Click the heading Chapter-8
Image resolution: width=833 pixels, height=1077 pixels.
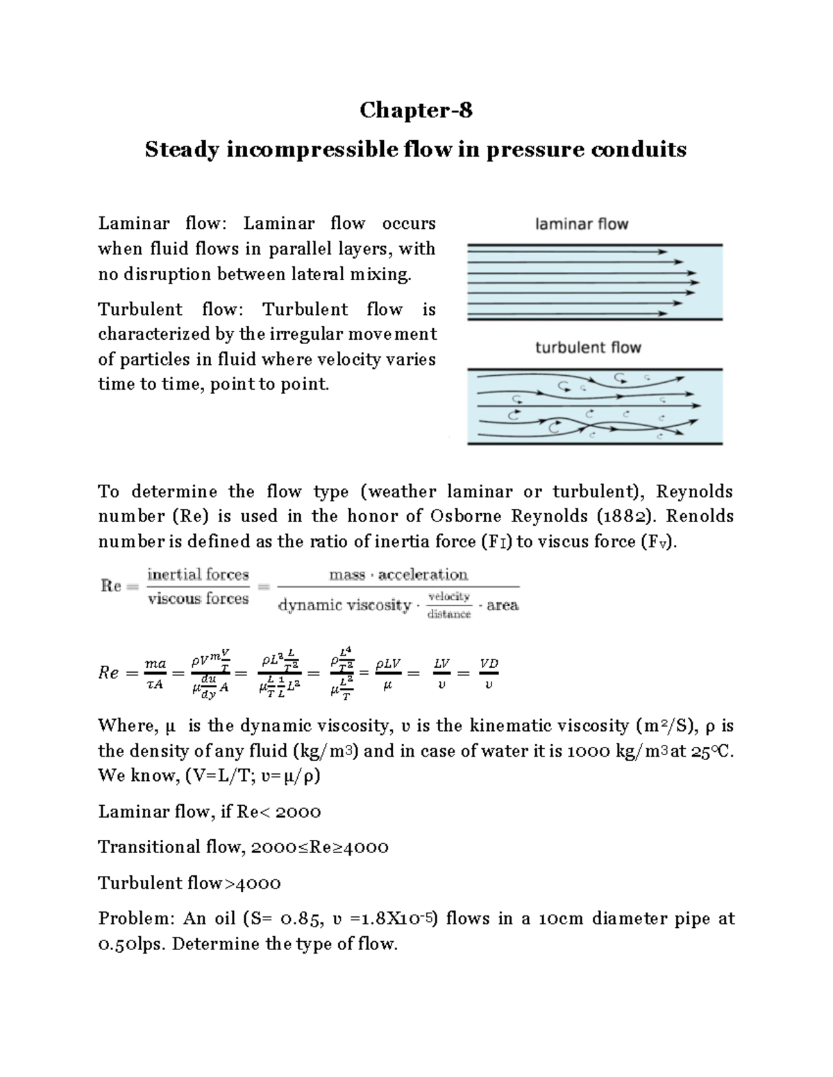pos(416,110)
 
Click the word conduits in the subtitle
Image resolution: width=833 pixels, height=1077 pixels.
pos(638,149)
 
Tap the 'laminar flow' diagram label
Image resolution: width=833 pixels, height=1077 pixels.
pos(582,224)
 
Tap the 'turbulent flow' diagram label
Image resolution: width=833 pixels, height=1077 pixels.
pos(588,347)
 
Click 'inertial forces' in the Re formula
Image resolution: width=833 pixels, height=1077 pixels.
pos(198,574)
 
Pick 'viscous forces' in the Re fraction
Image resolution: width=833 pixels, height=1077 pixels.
pos(198,598)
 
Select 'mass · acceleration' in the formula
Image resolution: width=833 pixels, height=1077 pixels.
pos(398,574)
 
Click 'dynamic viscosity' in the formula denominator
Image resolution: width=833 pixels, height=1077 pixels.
pos(344,605)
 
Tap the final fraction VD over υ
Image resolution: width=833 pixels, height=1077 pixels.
pos(489,673)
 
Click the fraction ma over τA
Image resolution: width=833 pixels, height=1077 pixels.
pos(155,673)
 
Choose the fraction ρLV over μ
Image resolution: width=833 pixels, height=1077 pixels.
pos(388,673)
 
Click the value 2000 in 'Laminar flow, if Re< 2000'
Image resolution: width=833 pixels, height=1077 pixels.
pos(298,811)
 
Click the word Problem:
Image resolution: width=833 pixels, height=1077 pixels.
pos(137,919)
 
